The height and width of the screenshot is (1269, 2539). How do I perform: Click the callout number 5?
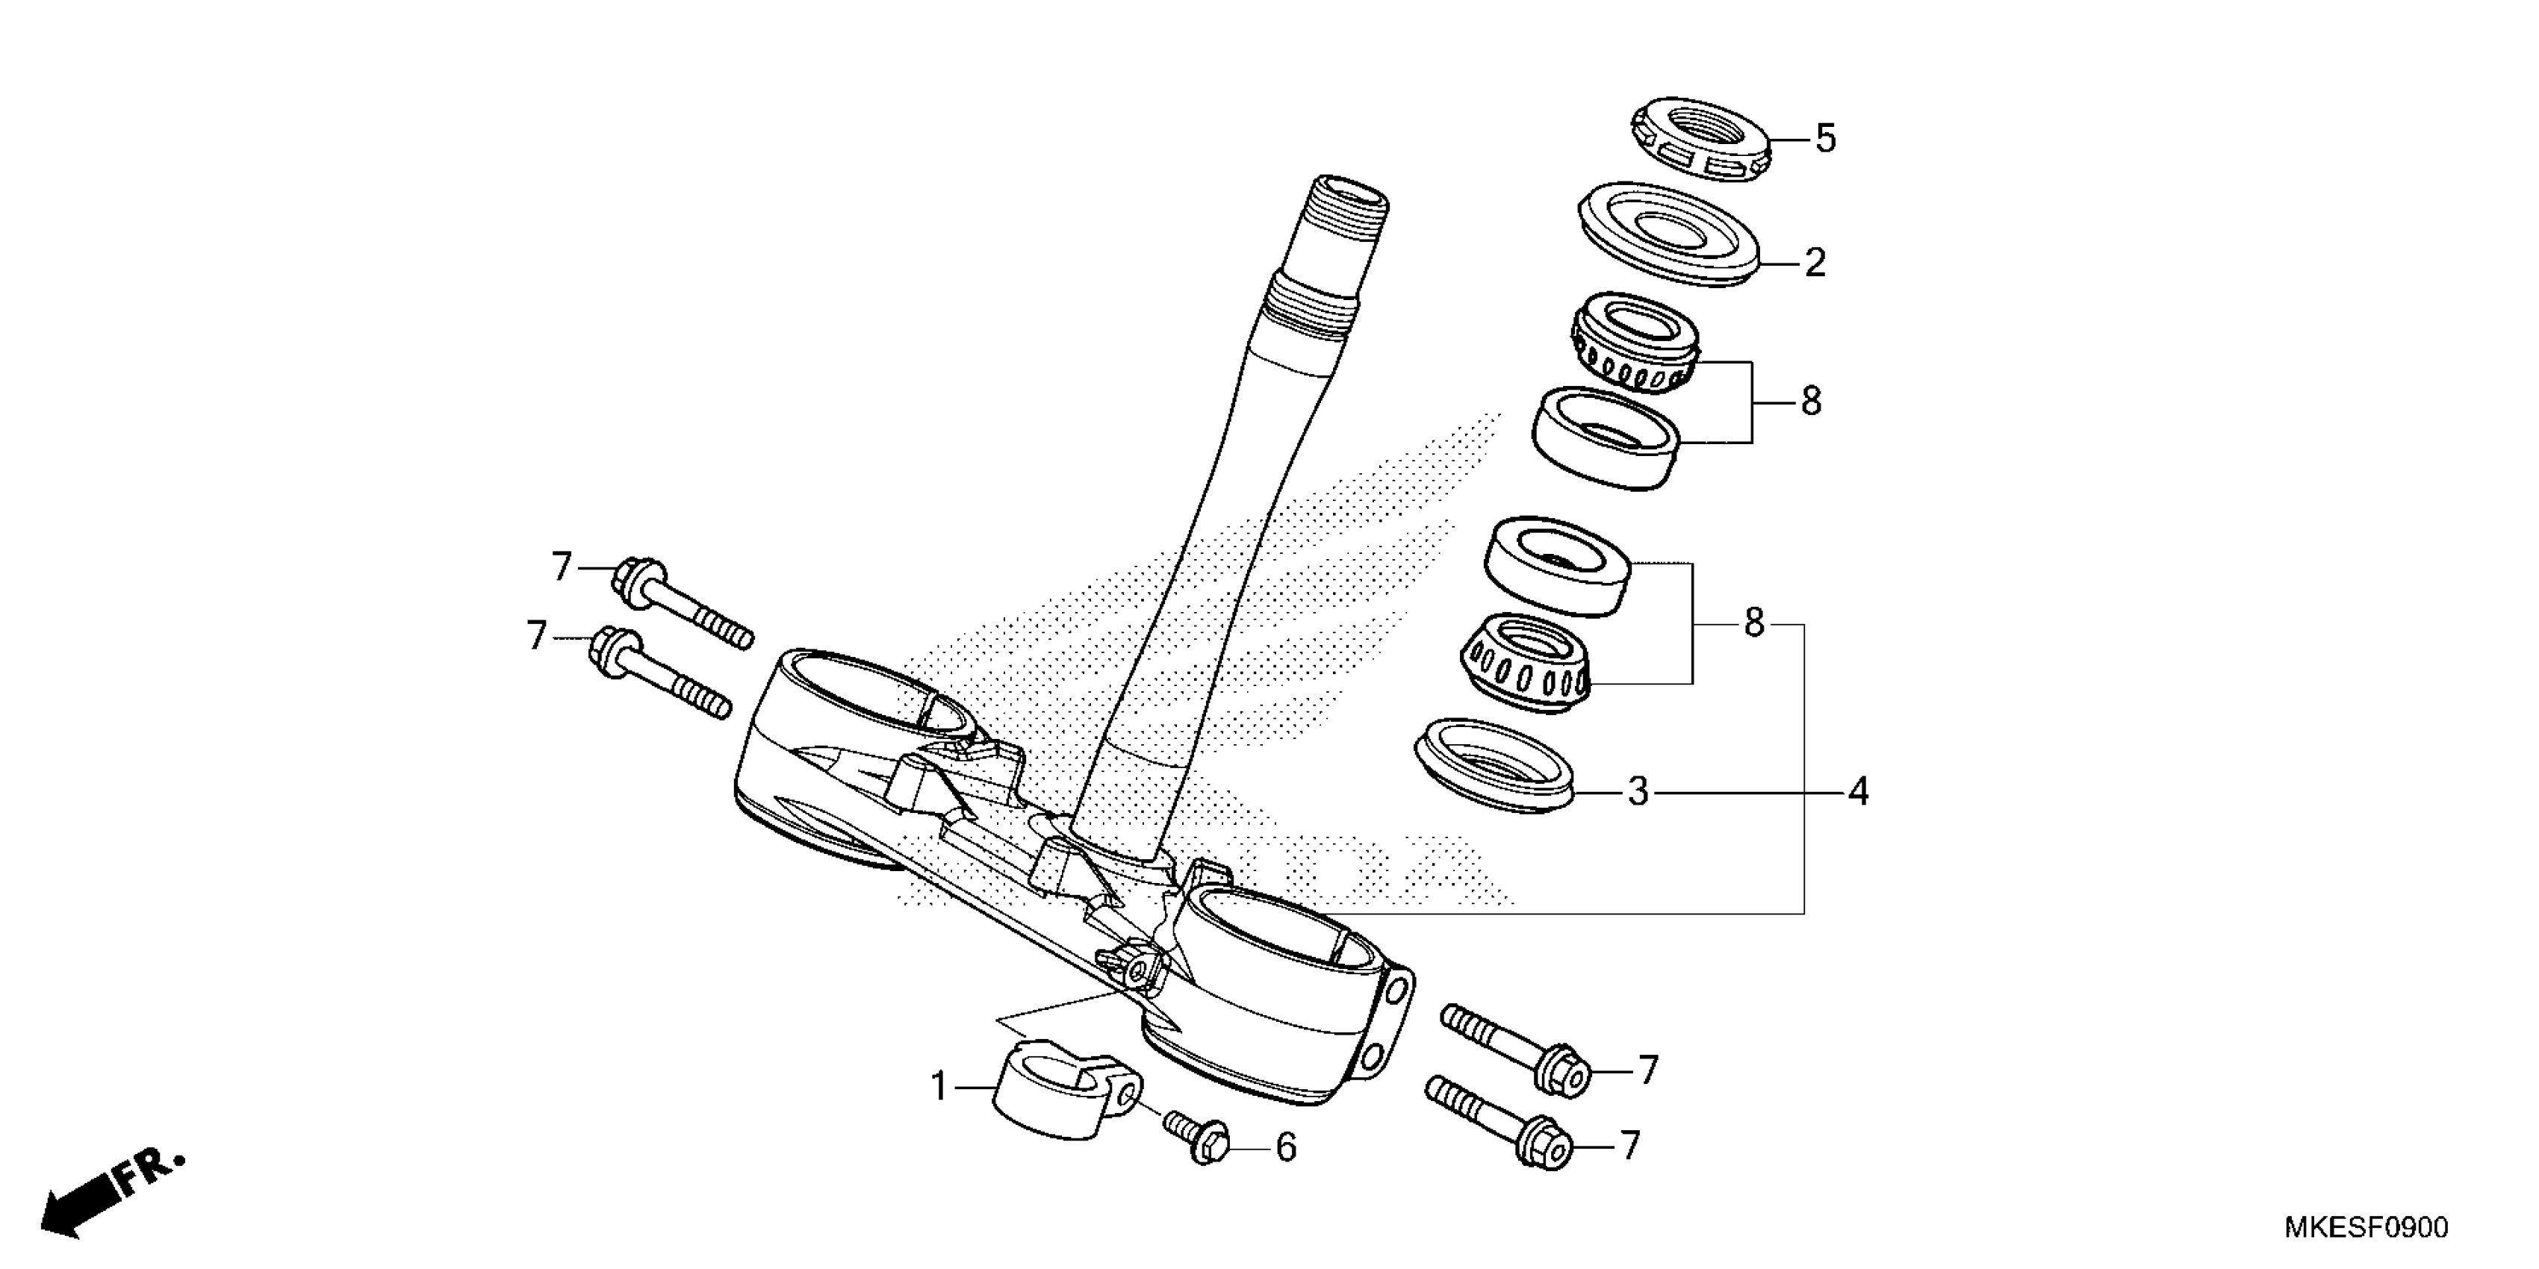(x=1825, y=139)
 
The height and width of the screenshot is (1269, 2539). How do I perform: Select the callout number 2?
(x=1815, y=263)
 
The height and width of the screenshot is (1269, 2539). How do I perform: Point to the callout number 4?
(x=1857, y=791)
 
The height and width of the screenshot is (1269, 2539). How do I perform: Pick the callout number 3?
(x=1637, y=791)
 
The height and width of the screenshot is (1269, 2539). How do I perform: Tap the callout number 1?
(x=939, y=1087)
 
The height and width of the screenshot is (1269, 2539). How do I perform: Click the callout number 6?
(x=1285, y=1148)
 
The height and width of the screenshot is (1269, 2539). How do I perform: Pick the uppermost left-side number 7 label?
(x=561, y=567)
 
